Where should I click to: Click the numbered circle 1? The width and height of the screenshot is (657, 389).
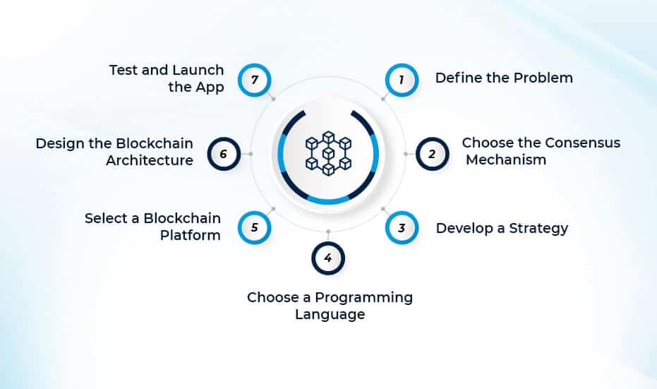click(402, 80)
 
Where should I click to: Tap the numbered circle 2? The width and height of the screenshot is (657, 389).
click(432, 153)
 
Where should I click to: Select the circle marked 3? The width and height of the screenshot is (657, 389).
click(402, 228)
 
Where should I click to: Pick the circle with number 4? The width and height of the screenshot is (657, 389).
click(327, 258)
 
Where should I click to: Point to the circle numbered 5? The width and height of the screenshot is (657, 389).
click(254, 228)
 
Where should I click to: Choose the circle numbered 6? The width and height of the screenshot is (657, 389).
click(224, 153)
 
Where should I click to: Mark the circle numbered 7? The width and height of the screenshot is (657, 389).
click(254, 80)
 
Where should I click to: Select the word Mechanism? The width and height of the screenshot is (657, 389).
click(506, 160)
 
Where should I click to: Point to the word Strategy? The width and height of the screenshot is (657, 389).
click(539, 228)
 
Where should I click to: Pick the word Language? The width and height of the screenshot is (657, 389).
click(330, 314)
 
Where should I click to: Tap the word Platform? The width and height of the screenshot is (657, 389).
click(190, 235)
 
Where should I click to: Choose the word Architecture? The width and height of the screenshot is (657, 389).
click(150, 160)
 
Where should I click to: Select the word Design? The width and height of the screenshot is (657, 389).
click(59, 144)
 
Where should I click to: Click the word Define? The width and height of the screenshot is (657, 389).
click(457, 78)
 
